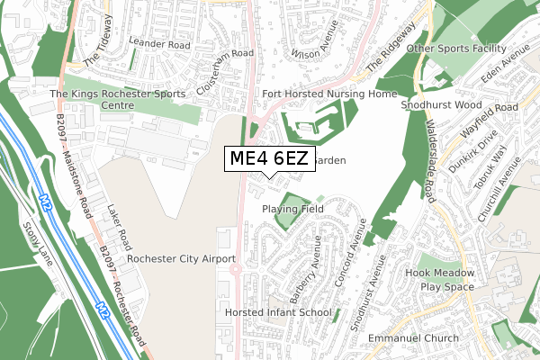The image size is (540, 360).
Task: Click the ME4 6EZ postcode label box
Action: pos(269,159)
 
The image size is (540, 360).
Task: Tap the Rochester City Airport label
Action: pos(181,259)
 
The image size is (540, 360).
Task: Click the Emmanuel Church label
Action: pos(413,338)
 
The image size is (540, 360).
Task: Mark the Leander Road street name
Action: pos(160,43)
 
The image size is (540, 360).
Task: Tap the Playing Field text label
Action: pos(292,209)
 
